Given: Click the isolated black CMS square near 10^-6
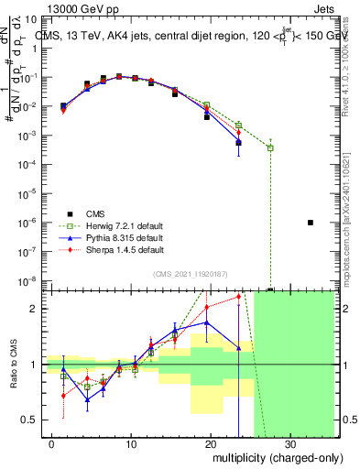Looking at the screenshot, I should (311, 223).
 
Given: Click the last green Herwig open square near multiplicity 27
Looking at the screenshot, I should (270, 147).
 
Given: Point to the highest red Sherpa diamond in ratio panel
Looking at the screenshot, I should (238, 296).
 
